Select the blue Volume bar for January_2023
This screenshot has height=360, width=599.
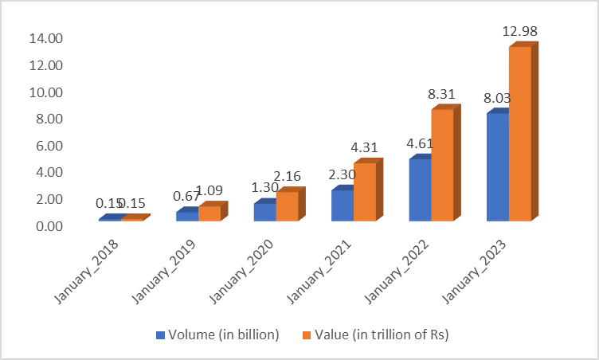[x=497, y=166]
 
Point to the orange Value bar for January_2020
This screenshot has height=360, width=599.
[x=287, y=205]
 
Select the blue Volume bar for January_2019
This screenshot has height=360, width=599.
[x=187, y=216]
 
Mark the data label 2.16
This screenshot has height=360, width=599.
[x=288, y=175]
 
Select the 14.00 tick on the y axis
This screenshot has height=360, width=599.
[x=45, y=38]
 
